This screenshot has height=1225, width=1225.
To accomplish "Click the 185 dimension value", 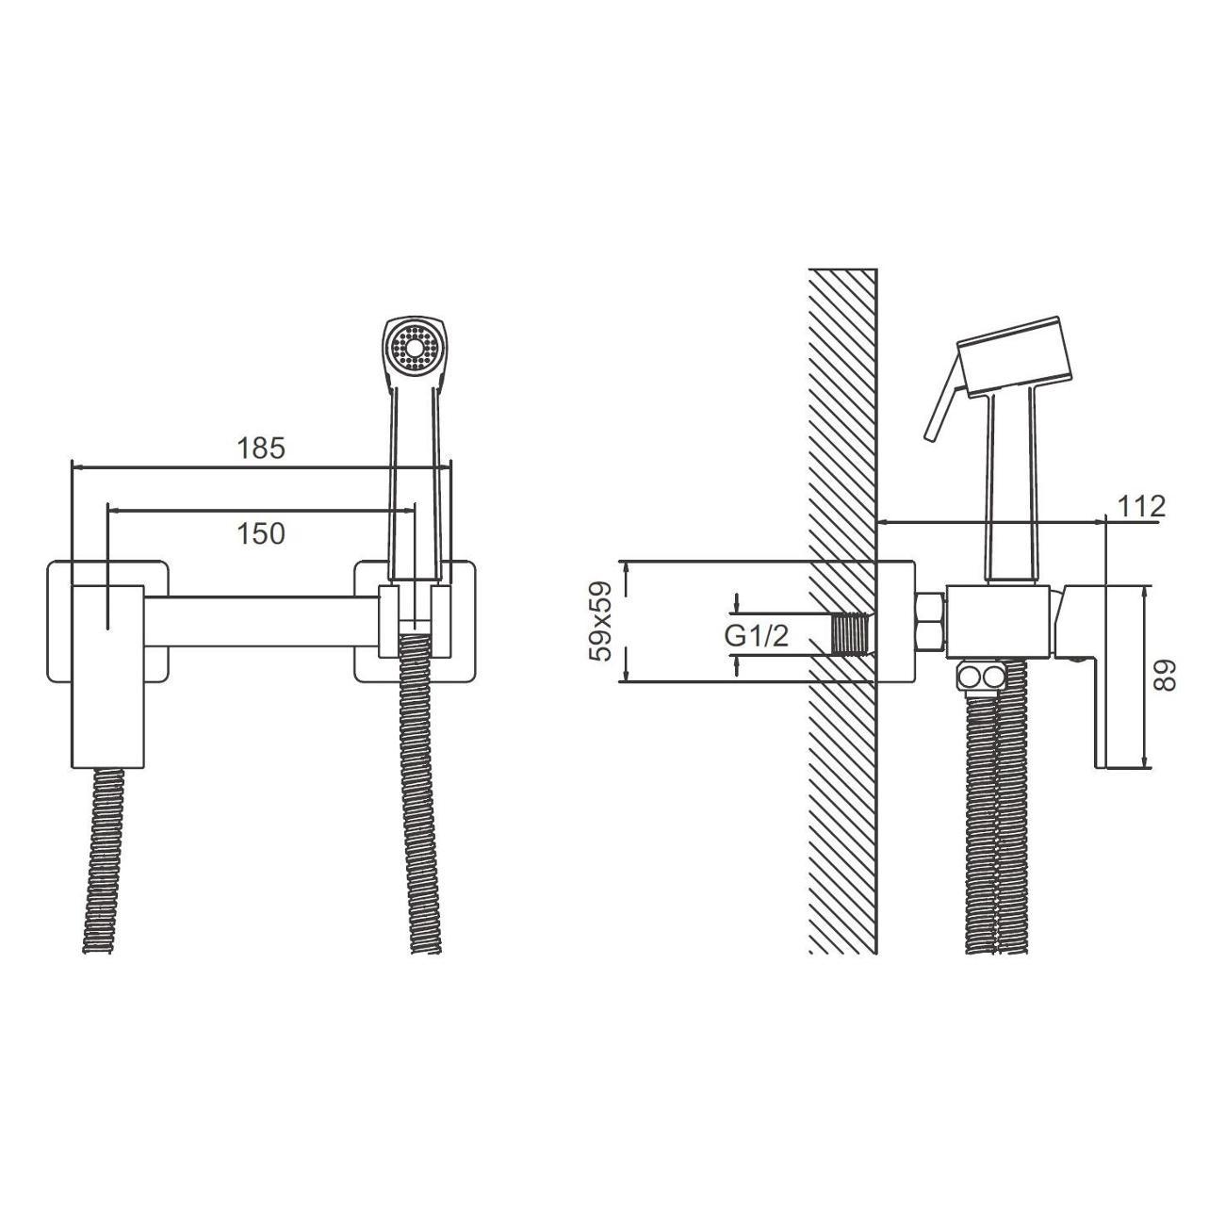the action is pos(261,449).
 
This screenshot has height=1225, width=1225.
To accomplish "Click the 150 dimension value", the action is pos(261,534).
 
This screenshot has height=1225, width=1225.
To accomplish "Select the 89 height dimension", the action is pos(1164,675).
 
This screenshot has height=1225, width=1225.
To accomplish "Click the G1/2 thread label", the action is pos(757,636).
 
